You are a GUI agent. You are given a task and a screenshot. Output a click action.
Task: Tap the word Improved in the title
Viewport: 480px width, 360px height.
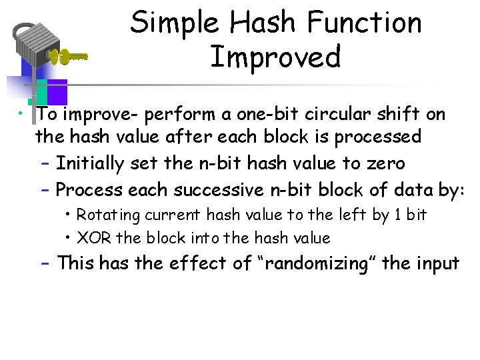point(275,57)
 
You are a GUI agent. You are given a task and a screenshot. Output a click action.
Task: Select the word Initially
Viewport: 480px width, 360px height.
point(90,163)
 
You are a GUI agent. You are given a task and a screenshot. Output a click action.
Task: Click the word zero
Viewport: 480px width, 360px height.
point(381,163)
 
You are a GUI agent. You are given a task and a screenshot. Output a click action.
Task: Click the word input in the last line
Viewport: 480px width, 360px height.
point(437,264)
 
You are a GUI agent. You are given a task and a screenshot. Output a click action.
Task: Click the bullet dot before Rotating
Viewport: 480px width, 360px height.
point(69,215)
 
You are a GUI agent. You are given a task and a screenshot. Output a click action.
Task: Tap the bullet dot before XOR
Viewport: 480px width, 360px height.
point(69,238)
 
